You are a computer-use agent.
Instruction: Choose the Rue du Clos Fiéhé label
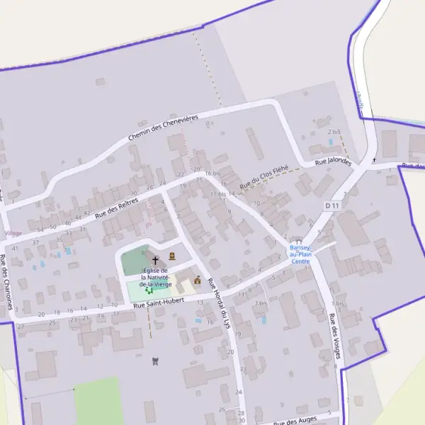[264, 176]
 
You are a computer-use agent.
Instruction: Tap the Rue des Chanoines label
[8, 280]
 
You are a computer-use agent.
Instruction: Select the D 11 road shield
[332, 205]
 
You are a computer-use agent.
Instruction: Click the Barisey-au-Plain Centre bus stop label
[300, 254]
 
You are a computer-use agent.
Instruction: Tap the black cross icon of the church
[155, 261]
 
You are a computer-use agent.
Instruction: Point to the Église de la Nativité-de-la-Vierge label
[155, 277]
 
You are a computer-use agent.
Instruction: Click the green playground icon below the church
[149, 289]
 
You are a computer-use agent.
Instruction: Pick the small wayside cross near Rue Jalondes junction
[374, 160]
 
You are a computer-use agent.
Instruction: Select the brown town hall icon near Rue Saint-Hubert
[197, 280]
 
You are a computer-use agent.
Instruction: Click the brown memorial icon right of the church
[172, 256]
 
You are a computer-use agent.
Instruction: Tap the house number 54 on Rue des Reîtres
[40, 230]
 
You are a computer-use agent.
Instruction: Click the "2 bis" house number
[334, 132]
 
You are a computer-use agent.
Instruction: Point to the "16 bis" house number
[212, 174]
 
